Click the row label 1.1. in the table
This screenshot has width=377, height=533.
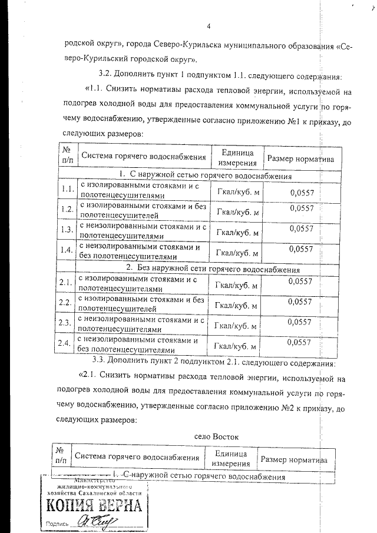click(67, 189)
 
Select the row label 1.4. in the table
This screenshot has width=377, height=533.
click(67, 250)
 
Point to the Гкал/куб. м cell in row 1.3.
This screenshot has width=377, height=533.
click(238, 232)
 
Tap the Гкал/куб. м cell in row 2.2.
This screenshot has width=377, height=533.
click(237, 306)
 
